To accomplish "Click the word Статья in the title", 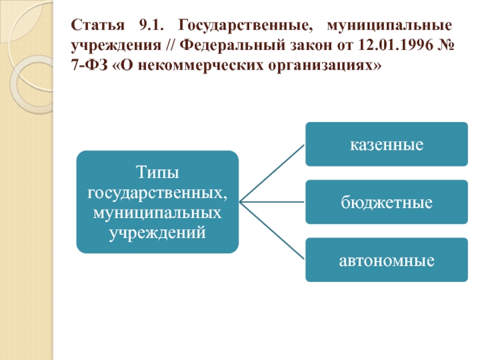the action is coord(93,26).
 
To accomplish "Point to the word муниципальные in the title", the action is coord(389,26).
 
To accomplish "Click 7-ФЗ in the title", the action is coord(88,64).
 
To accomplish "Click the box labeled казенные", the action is coord(386,144).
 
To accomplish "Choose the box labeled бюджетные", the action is coord(386,202).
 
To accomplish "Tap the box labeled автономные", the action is coord(386,260).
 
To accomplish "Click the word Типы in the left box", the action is coord(157,173).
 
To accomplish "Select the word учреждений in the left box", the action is coord(157,232).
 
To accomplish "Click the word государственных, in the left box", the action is coord(157,193).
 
